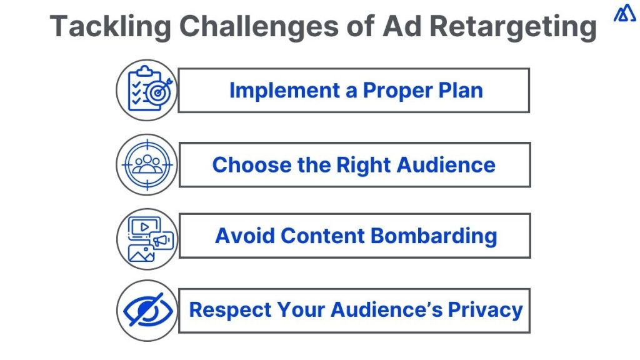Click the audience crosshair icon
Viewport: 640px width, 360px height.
click(147, 164)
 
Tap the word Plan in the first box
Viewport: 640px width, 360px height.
click(461, 91)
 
